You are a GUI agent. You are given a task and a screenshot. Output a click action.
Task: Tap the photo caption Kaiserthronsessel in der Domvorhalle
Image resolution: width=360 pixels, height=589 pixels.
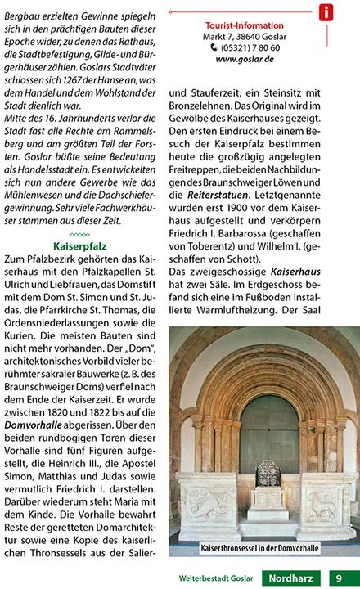point(260,546)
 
